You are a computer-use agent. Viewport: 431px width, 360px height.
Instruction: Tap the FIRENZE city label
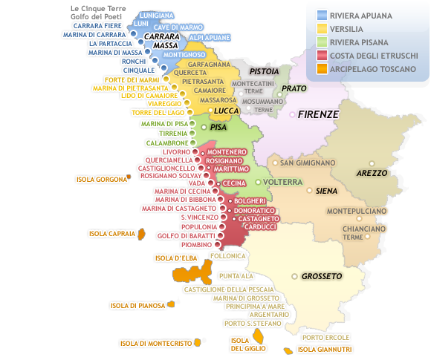(318, 115)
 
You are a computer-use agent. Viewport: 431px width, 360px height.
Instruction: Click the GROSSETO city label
(321, 276)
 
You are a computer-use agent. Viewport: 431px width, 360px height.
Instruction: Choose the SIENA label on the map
(327, 191)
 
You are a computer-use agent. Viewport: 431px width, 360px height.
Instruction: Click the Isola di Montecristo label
(156, 343)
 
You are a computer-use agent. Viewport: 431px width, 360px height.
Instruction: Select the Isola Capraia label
(111, 234)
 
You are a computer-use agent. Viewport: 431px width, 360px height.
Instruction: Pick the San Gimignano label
(308, 163)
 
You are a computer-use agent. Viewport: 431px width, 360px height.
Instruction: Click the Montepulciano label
(358, 212)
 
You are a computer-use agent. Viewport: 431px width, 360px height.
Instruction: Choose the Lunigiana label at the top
(157, 15)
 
